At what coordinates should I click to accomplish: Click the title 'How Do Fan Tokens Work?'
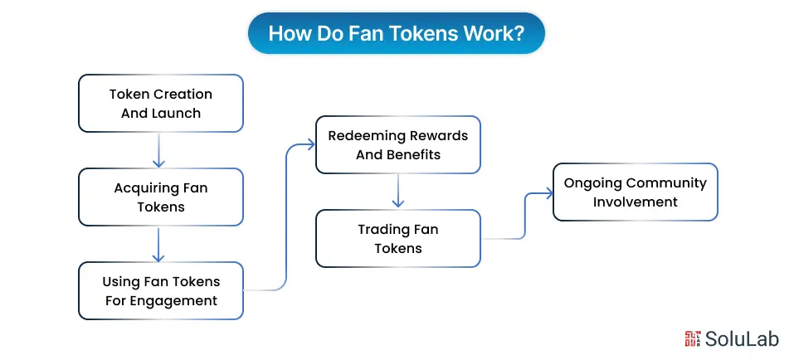pos(397,33)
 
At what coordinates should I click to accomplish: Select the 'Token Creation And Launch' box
pos(161,104)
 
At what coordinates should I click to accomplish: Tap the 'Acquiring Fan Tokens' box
pos(161,197)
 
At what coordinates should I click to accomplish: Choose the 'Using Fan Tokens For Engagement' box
pos(161,291)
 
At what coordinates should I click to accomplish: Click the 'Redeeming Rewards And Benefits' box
pos(397,144)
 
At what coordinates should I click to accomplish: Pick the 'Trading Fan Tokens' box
pos(397,238)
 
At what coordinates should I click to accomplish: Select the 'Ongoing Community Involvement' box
pos(635,192)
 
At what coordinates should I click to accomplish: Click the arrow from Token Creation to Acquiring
pos(159,150)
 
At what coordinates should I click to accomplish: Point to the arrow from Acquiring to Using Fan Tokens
pos(159,244)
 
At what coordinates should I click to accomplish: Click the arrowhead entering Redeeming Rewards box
pos(310,144)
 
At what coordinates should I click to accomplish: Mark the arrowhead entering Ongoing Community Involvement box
pos(548,193)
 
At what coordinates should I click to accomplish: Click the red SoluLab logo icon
pos(693,338)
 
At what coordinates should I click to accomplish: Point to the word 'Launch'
pos(179,113)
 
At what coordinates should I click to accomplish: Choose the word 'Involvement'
pos(635,202)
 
